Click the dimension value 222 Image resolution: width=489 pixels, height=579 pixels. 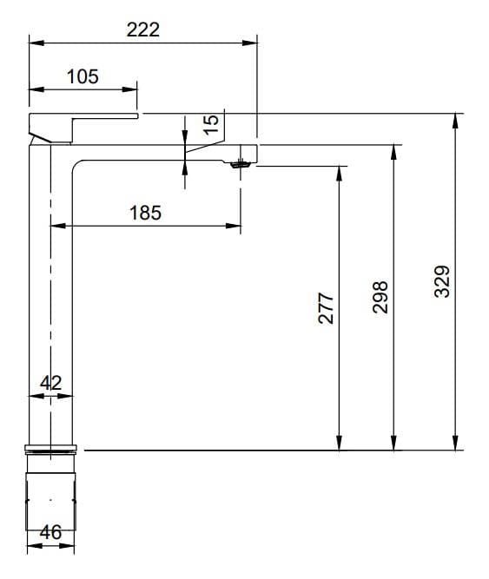[143, 29]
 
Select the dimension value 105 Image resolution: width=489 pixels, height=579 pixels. [83, 76]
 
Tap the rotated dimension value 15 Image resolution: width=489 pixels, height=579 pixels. [210, 123]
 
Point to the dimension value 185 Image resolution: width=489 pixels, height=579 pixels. [145, 213]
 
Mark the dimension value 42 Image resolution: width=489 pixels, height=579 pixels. [50, 381]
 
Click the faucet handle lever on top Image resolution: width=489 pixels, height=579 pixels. [83, 116]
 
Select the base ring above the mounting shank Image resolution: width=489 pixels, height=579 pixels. [51, 449]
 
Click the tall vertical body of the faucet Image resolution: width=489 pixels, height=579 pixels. [51, 295]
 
